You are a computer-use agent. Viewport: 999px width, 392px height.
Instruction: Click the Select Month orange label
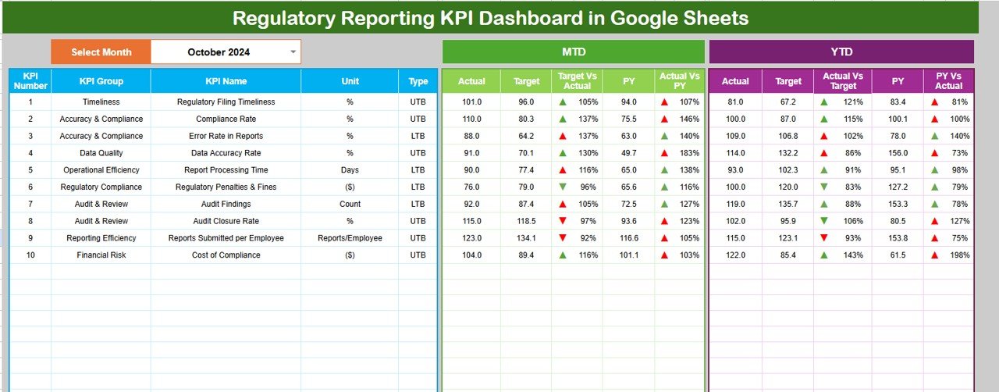point(101,52)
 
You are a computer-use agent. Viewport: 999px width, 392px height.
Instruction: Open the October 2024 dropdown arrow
point(293,52)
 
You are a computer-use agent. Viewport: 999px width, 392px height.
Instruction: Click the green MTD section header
point(574,52)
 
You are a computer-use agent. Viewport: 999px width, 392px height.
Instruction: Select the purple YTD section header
point(841,52)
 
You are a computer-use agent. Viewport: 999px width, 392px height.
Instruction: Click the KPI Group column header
point(101,80)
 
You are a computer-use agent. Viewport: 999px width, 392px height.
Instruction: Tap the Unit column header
point(350,80)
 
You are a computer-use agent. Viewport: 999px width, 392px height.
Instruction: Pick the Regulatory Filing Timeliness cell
point(226,102)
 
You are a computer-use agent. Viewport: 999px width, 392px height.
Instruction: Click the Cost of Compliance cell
point(226,255)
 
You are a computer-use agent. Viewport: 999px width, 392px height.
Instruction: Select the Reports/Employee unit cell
point(350,238)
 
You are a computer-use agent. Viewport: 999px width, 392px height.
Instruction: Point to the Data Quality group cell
point(101,153)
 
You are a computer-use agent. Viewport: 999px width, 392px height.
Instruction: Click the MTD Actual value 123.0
point(471,238)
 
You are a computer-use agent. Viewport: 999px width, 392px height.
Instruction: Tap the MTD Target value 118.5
point(527,221)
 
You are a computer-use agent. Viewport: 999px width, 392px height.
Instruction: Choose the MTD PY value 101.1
point(629,255)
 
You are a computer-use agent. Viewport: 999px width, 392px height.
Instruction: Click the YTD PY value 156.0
point(898,153)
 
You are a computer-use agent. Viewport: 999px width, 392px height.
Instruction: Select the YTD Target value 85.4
point(788,255)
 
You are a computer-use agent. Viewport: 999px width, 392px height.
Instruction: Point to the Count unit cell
point(350,204)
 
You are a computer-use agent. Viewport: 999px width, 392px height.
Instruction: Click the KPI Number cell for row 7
point(30,204)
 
